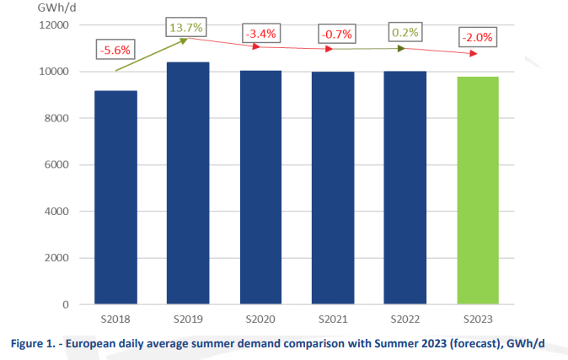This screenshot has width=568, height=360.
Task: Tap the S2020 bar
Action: [x=260, y=187]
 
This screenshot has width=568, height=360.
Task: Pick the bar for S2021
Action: [x=333, y=188]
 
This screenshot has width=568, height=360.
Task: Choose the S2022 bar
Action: [x=405, y=187]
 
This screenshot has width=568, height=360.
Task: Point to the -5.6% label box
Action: [x=115, y=49]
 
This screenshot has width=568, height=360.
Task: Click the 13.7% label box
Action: [x=186, y=28]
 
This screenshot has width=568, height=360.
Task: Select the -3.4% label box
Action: [x=260, y=35]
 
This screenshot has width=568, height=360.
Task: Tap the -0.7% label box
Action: [x=335, y=35]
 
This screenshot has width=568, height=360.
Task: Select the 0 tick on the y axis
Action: [x=67, y=304]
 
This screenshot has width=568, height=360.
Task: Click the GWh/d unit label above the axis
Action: [x=51, y=7]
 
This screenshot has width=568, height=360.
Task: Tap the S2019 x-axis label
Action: [x=188, y=320]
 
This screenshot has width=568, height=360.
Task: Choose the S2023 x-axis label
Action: [x=477, y=320]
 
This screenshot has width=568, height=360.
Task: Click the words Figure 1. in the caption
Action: [x=32, y=344]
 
